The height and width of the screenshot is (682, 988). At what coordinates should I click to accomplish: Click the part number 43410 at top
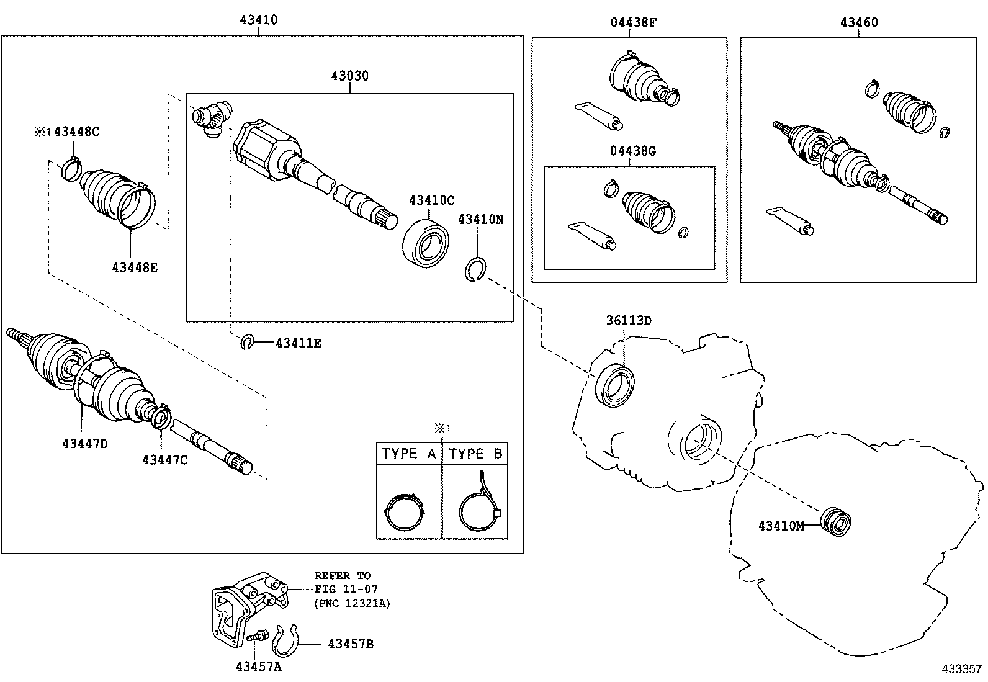(x=258, y=20)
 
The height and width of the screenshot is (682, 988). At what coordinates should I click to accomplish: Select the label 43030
(x=349, y=76)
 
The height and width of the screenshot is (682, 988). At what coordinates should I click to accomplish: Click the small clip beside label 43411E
(x=248, y=342)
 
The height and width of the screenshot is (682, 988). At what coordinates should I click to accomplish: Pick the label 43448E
(x=135, y=267)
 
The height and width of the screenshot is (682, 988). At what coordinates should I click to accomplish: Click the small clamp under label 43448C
(x=73, y=168)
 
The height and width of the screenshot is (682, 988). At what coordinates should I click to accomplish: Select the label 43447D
(x=85, y=444)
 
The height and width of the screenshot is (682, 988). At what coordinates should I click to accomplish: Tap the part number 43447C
(x=164, y=459)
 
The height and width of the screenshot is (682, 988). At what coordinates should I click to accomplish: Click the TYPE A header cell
(x=409, y=454)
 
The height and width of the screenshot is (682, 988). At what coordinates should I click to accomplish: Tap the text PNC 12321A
(x=353, y=603)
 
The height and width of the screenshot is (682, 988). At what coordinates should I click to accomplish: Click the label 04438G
(x=632, y=151)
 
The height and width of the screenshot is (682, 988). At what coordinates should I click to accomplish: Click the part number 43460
(x=859, y=22)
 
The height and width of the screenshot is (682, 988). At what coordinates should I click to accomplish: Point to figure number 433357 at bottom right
(x=961, y=669)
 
